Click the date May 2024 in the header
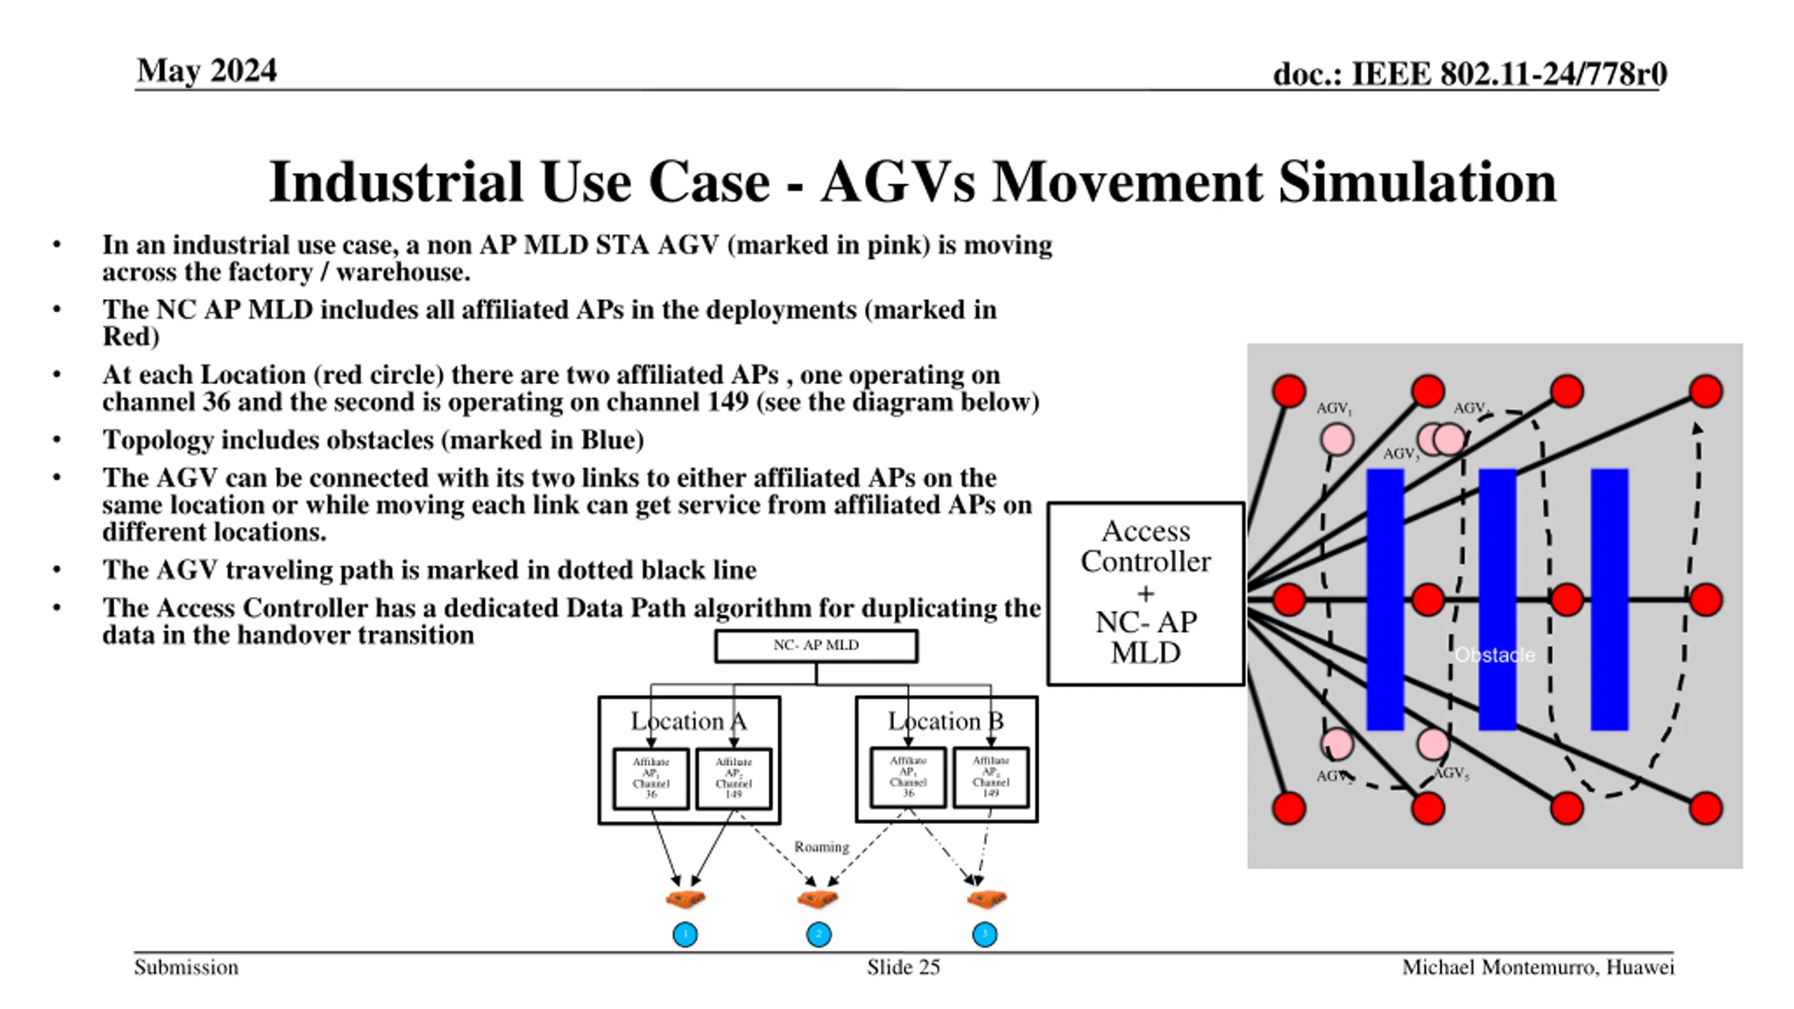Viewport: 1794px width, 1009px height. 207,71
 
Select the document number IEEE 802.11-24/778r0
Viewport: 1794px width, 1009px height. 1469,74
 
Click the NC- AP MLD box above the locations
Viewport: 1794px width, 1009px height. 816,645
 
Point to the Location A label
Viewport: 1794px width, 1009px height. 688,721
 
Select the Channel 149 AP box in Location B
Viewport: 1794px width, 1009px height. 990,777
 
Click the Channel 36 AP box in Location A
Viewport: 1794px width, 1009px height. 650,778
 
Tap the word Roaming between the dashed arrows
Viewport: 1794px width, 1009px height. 821,846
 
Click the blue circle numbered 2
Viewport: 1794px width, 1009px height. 819,934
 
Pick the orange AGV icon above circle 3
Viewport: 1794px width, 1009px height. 987,898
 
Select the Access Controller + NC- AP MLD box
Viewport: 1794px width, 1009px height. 1145,593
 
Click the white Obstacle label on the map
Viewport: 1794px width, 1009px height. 1494,655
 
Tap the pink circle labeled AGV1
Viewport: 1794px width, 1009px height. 1336,440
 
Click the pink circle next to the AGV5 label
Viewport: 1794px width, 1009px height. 1433,744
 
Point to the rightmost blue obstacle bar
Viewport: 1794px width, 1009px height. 1609,599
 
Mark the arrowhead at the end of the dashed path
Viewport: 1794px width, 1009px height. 1697,428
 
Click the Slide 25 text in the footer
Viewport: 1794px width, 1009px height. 903,968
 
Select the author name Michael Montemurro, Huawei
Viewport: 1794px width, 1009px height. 1538,968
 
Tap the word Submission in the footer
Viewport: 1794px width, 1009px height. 186,968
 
